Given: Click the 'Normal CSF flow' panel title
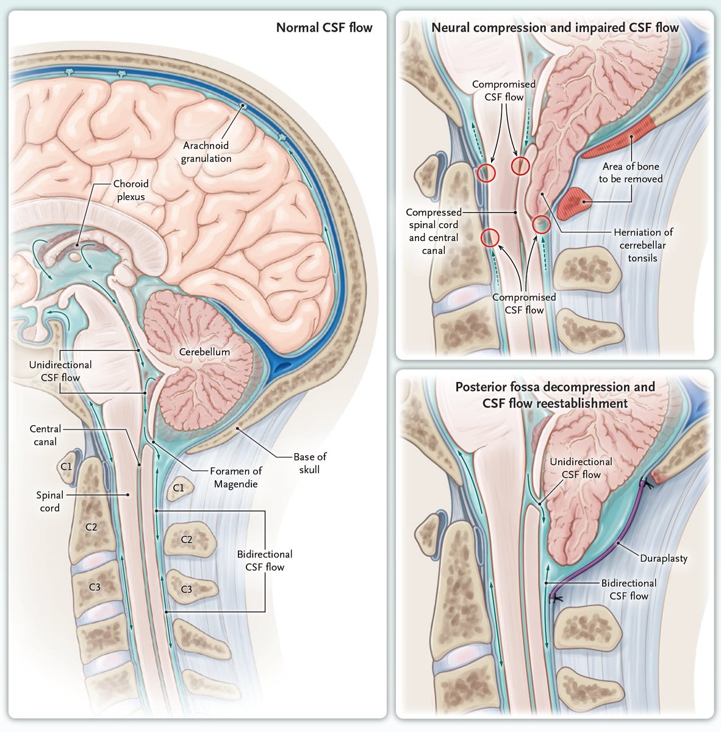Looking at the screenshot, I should click(324, 27).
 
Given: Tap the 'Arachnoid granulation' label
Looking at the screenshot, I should click(206, 152).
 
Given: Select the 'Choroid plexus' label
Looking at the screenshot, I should click(131, 190).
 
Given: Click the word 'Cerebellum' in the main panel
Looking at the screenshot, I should click(204, 352).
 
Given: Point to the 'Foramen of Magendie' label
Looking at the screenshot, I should click(236, 477).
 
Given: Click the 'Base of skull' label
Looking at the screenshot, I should click(310, 462).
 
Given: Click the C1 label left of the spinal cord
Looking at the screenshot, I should click(66, 466).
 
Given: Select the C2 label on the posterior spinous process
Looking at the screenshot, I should click(187, 539).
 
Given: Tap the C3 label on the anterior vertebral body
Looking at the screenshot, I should click(95, 587).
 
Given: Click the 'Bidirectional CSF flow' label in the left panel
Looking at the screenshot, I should click(265, 560).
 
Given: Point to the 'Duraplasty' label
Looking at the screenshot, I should click(663, 558).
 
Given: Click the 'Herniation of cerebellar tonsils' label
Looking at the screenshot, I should click(642, 245).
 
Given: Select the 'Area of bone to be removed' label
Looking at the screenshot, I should click(630, 173).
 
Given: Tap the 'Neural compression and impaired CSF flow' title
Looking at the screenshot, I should click(554, 27).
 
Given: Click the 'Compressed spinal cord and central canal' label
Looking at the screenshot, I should click(433, 231).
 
